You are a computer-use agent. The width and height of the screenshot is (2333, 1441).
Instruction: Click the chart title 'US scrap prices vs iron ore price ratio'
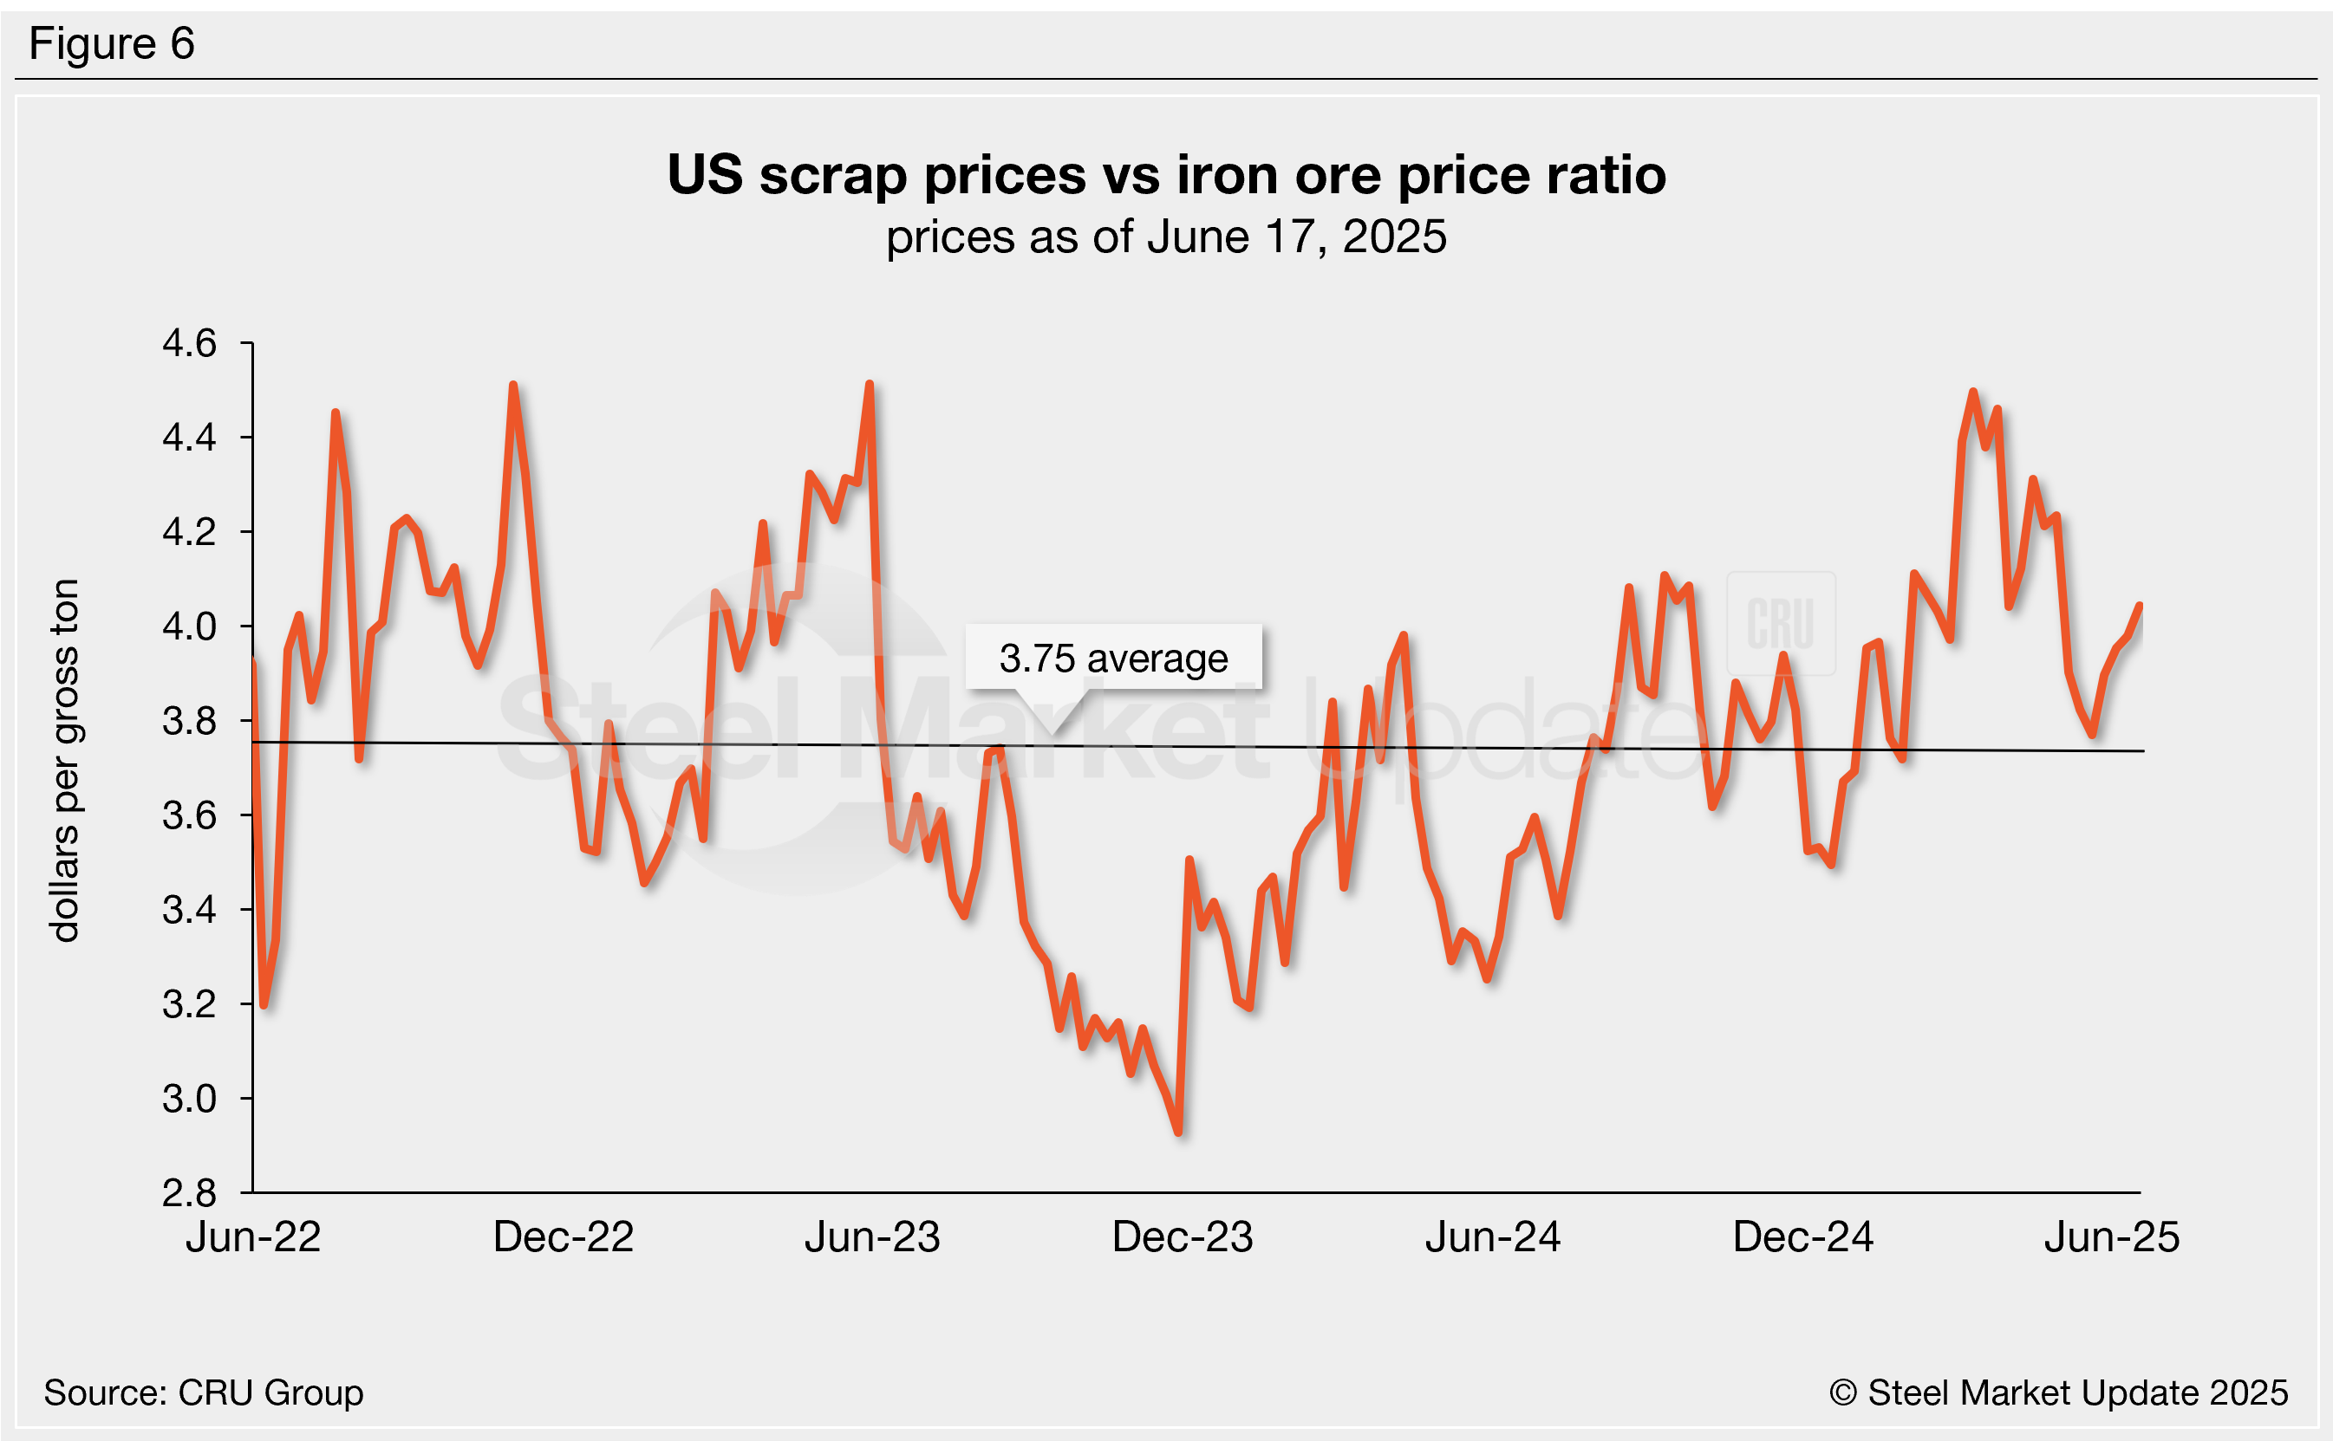1165,175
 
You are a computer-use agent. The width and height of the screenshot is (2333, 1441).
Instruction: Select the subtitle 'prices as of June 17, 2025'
1165,237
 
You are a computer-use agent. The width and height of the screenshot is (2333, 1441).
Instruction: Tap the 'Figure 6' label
112,44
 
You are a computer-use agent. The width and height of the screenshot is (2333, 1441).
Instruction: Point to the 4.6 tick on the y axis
190,343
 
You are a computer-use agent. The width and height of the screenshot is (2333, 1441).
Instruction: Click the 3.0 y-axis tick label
190,1099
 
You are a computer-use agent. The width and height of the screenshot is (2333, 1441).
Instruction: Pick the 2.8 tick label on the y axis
190,1193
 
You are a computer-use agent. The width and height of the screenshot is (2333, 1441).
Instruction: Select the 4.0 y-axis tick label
190,626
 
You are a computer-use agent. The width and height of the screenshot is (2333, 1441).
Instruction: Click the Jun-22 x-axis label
252,1237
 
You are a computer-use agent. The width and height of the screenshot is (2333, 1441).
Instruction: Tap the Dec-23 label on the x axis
1183,1237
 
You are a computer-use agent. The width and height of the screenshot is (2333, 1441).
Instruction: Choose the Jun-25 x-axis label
2112,1237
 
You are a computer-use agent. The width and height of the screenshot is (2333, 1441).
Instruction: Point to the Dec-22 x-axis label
564,1237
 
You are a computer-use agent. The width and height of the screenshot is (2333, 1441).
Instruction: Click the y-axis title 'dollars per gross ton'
65,760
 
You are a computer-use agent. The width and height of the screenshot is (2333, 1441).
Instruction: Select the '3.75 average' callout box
1112,658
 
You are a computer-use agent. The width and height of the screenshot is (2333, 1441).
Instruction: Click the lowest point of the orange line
1179,1133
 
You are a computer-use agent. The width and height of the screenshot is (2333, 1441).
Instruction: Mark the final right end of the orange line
2141,607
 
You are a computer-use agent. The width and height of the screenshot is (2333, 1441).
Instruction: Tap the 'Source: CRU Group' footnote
203,1392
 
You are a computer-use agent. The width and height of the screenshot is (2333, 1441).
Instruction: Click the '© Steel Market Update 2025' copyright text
2058,1392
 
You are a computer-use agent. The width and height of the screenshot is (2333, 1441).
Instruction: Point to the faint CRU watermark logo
1780,623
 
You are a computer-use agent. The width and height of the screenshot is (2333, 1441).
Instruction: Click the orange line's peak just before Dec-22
513,386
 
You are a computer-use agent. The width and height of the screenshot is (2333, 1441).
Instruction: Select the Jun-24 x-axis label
1492,1237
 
